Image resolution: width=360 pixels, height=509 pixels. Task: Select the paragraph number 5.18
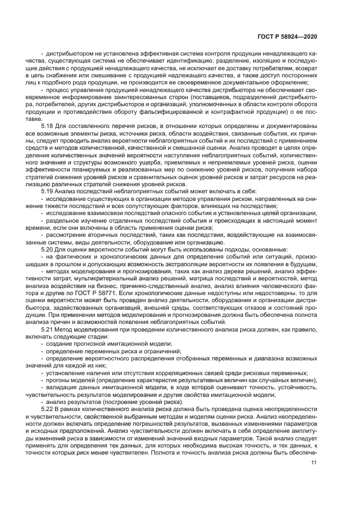click(x=48, y=126)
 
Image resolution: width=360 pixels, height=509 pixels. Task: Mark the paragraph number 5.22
click(x=48, y=408)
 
